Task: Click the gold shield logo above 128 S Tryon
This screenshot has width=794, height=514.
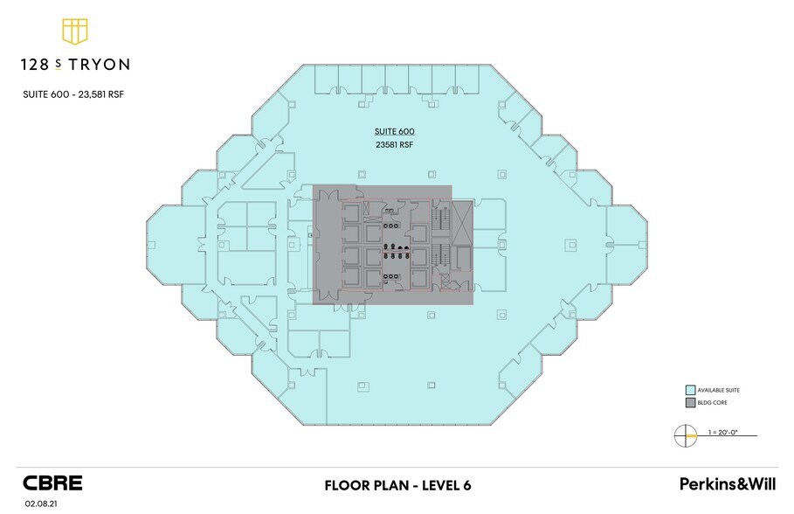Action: [75, 31]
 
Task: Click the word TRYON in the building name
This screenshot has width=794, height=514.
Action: [100, 65]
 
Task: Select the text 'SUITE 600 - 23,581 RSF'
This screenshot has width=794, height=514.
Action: [73, 94]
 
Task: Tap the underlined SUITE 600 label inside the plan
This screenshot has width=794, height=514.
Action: [395, 131]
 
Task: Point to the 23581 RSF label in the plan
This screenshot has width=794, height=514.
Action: [395, 144]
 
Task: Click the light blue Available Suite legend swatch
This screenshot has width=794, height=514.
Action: [690, 391]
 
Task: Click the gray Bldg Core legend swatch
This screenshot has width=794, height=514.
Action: [690, 403]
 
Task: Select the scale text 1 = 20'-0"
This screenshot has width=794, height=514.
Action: [723, 433]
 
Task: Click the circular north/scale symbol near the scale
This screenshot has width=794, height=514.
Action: [685, 435]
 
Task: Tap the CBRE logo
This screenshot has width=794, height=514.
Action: [52, 483]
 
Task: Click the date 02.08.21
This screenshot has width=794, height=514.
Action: [40, 504]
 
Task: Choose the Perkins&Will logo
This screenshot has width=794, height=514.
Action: [727, 483]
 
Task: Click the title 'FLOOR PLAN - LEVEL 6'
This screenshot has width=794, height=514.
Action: [398, 485]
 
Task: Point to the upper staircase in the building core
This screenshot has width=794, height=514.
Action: [440, 219]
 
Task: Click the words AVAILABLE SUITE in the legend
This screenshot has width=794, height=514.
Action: [719, 391]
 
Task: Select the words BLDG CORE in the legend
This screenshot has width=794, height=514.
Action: [712, 403]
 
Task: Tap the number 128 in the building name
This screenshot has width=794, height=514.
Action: [35, 65]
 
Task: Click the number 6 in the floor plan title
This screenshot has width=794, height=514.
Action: [466, 485]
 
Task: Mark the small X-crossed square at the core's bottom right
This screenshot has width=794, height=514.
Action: [445, 281]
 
